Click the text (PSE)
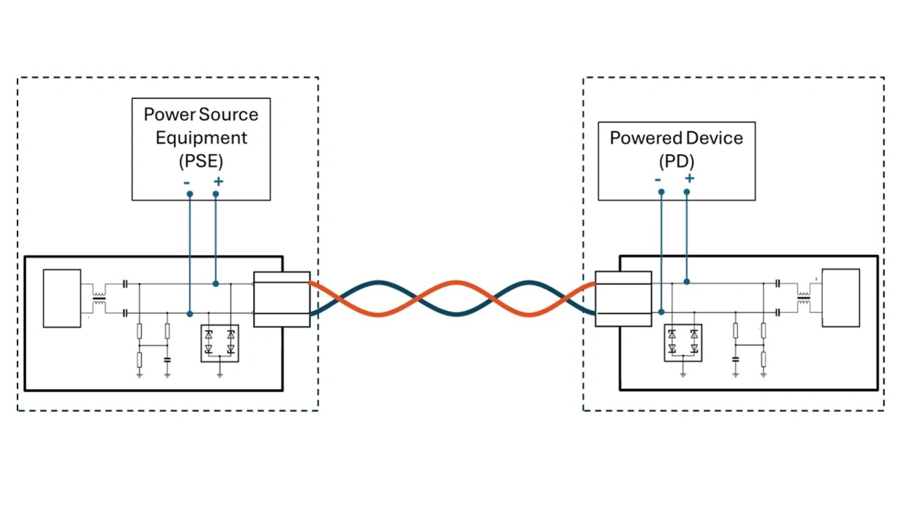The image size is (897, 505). coord(200,161)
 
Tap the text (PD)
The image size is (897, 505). coord(676,161)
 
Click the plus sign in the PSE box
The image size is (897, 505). coord(218,181)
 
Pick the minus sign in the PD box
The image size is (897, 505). coord(658,179)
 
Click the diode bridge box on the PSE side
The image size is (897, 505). coord(219,343)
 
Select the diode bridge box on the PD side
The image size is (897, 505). coord(683,343)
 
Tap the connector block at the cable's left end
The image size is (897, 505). coord(281,299)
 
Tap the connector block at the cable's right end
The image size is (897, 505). coord(623,299)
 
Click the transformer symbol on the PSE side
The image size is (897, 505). coord(100,298)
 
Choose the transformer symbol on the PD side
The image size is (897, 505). coord(803,298)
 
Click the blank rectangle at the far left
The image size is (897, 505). coord(62,298)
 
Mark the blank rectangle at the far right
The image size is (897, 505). coord(840,298)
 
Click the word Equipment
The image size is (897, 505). coord(200,138)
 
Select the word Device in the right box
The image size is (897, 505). coord(714,138)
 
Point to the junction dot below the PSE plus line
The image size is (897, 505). coord(216,284)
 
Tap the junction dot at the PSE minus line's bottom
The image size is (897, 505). coord(190,314)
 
